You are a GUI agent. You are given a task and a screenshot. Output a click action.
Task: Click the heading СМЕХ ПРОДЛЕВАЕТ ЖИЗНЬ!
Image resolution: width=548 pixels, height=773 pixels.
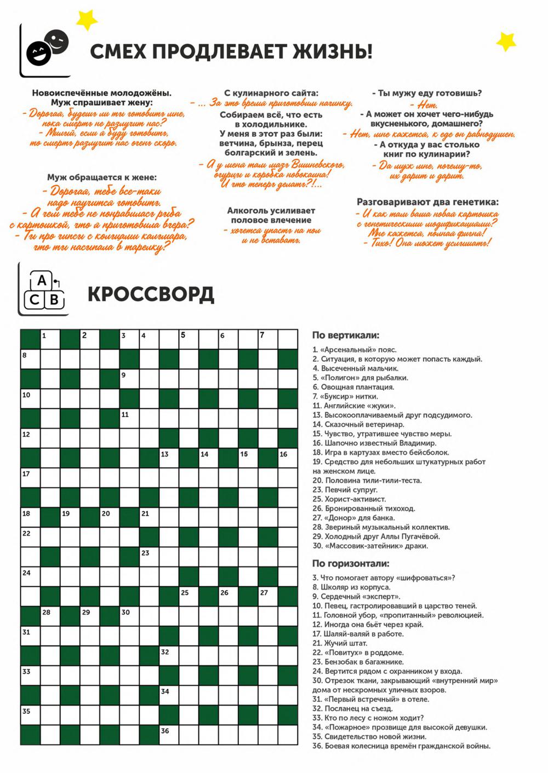click(x=231, y=52)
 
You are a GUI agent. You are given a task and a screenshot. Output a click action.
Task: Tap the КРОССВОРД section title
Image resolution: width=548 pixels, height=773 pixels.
click(x=151, y=295)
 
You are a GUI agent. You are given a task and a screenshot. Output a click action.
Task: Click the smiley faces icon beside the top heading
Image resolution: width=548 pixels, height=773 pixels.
click(x=48, y=47)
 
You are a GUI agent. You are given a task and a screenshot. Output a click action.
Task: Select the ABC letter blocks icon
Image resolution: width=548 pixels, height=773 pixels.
click(x=44, y=290)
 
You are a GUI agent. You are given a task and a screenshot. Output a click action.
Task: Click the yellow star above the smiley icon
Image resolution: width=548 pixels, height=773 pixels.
click(x=86, y=20)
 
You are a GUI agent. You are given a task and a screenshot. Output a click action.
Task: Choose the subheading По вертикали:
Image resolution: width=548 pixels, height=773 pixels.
click(x=345, y=336)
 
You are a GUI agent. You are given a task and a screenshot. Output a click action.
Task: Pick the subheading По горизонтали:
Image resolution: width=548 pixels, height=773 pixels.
click(x=351, y=563)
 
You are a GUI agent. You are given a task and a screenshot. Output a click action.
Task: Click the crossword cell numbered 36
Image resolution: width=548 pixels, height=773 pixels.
click(x=169, y=735)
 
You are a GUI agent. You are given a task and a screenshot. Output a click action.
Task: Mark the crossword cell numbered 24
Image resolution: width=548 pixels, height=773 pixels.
click(x=31, y=577)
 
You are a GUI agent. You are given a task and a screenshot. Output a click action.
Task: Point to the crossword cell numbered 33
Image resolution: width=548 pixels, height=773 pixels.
click(x=31, y=676)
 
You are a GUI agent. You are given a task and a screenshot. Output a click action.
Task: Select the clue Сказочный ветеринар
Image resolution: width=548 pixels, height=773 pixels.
click(x=358, y=424)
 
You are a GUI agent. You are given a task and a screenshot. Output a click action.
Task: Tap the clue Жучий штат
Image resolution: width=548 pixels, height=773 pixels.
click(x=340, y=643)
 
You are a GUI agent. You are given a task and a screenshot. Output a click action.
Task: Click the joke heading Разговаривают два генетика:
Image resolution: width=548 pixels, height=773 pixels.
click(x=427, y=202)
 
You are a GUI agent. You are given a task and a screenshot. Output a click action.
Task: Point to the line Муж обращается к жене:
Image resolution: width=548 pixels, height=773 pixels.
click(x=101, y=177)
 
